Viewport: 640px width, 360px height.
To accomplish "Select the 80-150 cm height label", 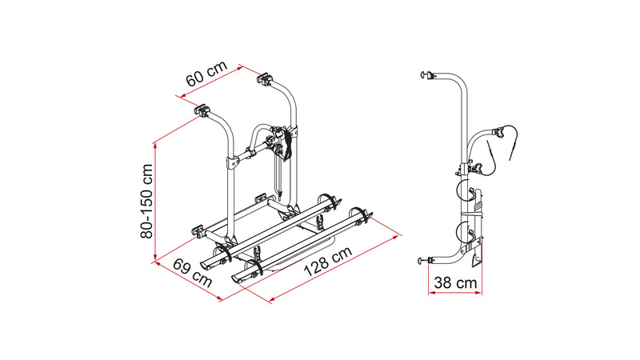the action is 146,201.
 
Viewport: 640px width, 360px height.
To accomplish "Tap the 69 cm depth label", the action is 192,273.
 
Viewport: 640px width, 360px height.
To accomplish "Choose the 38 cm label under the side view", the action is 455,282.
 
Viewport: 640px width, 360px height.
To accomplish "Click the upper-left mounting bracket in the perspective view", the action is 202,110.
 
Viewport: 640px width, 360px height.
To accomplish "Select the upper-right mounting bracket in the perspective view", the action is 265,78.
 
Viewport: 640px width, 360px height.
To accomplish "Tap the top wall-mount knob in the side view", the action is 426,75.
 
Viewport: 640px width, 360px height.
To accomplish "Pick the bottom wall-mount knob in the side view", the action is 423,261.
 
